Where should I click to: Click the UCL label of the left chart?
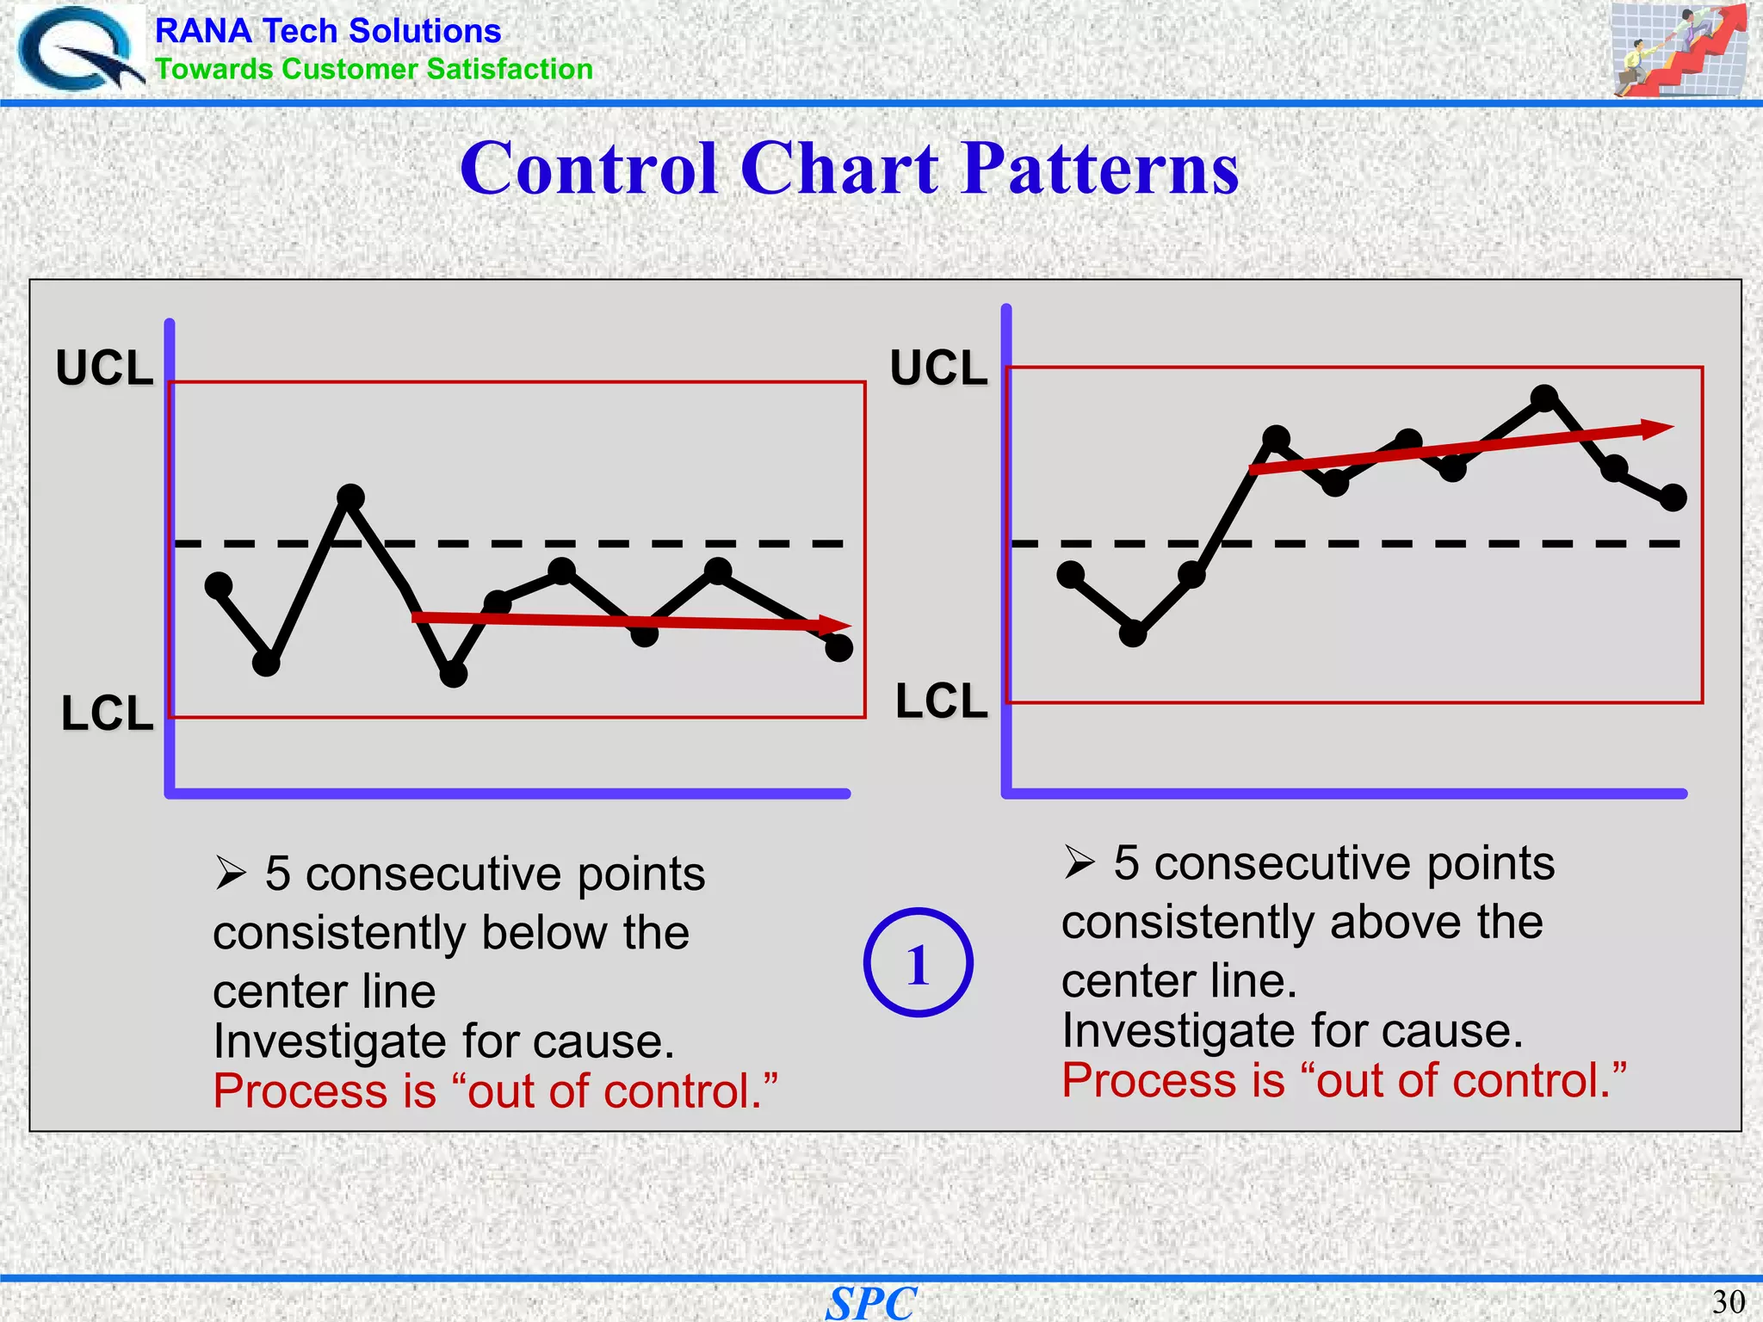click(104, 368)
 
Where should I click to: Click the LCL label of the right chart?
click(941, 701)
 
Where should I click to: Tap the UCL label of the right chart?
click(938, 368)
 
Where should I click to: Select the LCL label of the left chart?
click(107, 714)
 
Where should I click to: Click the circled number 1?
click(918, 963)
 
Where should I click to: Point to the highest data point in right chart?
click(1544, 398)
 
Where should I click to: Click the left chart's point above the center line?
click(350, 497)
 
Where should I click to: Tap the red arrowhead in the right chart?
click(1657, 428)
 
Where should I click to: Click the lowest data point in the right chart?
click(1133, 633)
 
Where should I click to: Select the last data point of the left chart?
click(838, 647)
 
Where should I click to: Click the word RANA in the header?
click(203, 31)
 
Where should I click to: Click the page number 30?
click(1728, 1301)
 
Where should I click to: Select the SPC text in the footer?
click(871, 1303)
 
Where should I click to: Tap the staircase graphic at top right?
click(1678, 49)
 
